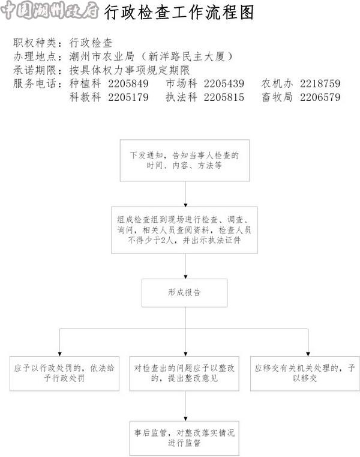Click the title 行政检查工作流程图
click(x=179, y=13)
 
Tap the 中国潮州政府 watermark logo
click(x=50, y=10)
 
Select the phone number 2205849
click(x=128, y=83)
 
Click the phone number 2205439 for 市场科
click(x=224, y=83)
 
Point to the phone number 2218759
click(x=320, y=83)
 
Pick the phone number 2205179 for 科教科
click(x=128, y=97)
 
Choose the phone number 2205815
click(x=224, y=97)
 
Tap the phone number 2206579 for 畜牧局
click(x=320, y=97)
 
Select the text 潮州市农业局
click(x=101, y=56)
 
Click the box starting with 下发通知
click(x=185, y=160)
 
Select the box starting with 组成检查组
click(x=184, y=230)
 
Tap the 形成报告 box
click(x=184, y=292)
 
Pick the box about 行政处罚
click(x=64, y=374)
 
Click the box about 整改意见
click(x=184, y=374)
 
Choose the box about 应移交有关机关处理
click(x=305, y=374)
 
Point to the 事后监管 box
click(x=184, y=438)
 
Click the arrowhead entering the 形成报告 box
click(x=185, y=277)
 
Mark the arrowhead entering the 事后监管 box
click(x=185, y=419)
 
